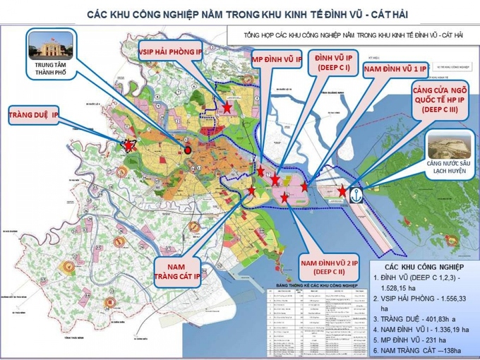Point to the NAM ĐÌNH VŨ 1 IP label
[x=394, y=69]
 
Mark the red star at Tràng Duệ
[x=129, y=145]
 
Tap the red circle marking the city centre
[x=188, y=150]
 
